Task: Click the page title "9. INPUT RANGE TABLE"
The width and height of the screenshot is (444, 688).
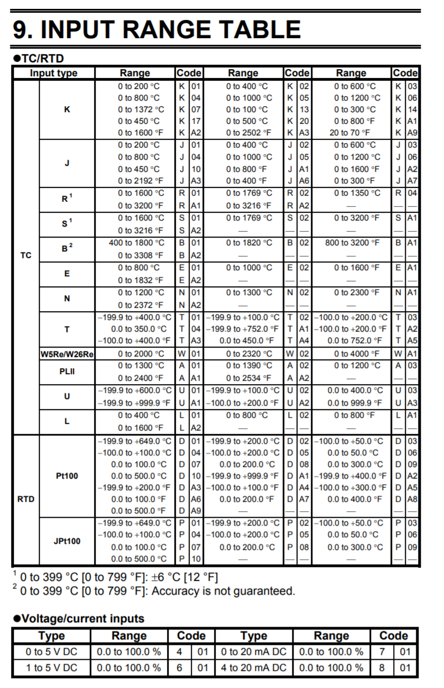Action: pyautogui.click(x=157, y=29)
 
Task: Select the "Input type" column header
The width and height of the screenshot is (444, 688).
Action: pyautogui.click(x=54, y=73)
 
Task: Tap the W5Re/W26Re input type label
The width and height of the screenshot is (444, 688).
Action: pyautogui.click(x=67, y=354)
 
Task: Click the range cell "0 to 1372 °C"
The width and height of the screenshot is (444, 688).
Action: pyautogui.click(x=140, y=109)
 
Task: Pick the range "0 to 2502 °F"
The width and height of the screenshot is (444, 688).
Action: pyautogui.click(x=248, y=133)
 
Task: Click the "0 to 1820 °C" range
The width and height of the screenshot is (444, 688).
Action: pyautogui.click(x=248, y=243)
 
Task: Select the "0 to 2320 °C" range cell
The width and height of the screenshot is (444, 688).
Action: pyautogui.click(x=248, y=354)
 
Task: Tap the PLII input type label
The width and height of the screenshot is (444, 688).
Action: pyautogui.click(x=67, y=371)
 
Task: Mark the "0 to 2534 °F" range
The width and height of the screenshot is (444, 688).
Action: pyautogui.click(x=248, y=378)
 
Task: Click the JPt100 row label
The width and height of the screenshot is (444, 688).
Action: pyautogui.click(x=67, y=540)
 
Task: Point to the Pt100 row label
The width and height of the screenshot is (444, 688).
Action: pyautogui.click(x=67, y=476)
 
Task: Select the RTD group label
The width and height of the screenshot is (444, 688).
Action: pyautogui.click(x=25, y=499)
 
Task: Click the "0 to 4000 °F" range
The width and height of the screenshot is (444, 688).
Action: pyautogui.click(x=357, y=354)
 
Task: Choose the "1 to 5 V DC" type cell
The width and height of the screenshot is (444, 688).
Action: pyautogui.click(x=51, y=667)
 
